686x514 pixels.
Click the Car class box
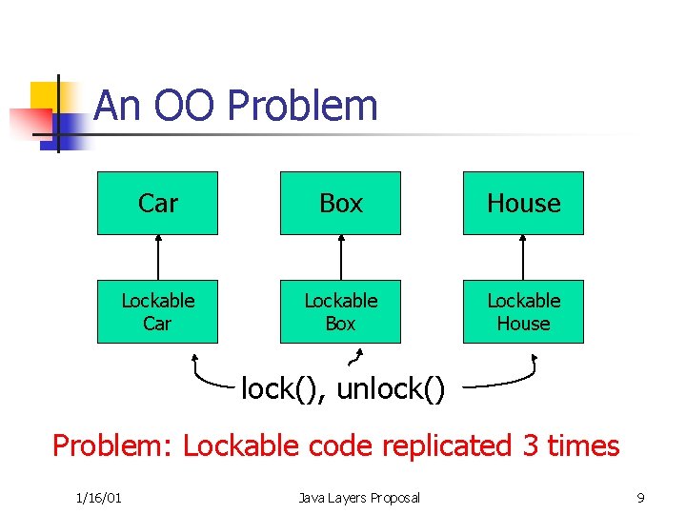click(157, 203)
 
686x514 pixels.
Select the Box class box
click(340, 203)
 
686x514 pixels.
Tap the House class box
click(523, 203)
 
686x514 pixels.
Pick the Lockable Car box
click(157, 311)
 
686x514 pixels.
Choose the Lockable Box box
click(340, 311)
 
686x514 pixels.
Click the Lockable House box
click(523, 311)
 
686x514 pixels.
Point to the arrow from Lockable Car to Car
click(157, 257)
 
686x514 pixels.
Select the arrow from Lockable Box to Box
click(340, 257)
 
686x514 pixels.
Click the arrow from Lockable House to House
click(523, 257)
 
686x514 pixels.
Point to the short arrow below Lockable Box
click(356, 358)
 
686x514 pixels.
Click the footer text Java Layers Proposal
click(358, 498)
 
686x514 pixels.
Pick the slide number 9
click(640, 498)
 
